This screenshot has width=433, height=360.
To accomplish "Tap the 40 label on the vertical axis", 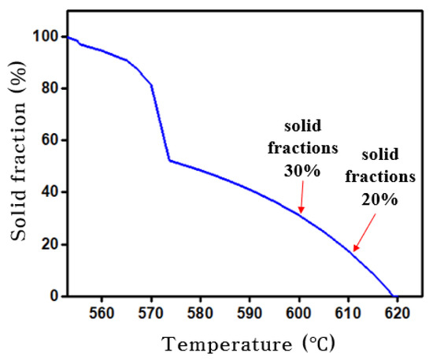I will tap(50, 192).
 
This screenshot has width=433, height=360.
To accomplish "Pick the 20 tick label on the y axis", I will tap(50, 244).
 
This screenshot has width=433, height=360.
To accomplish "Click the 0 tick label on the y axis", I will tap(54, 296).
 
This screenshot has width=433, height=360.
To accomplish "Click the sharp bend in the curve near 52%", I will tap(168, 161).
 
